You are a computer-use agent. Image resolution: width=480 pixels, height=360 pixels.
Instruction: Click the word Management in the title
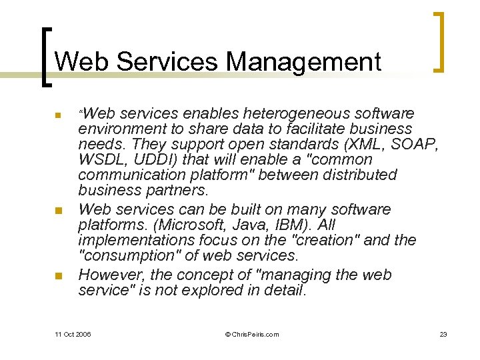pyautogui.click(x=303, y=62)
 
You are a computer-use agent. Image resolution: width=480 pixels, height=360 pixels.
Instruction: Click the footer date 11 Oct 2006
pyautogui.click(x=73, y=334)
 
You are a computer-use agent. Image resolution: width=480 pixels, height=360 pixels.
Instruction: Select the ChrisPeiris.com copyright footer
pyautogui.click(x=253, y=334)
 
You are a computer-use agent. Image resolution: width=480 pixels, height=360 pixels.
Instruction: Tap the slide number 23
pyautogui.click(x=443, y=334)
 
